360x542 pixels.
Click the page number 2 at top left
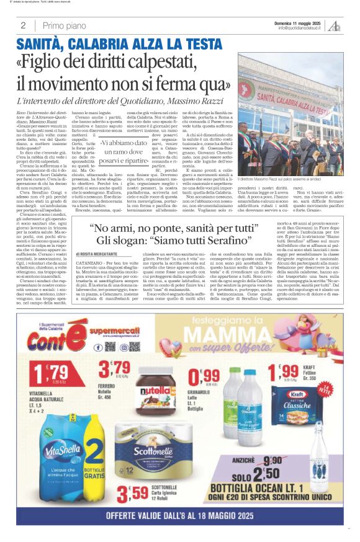click(x=23, y=25)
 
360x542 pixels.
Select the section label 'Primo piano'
click(x=65, y=25)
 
